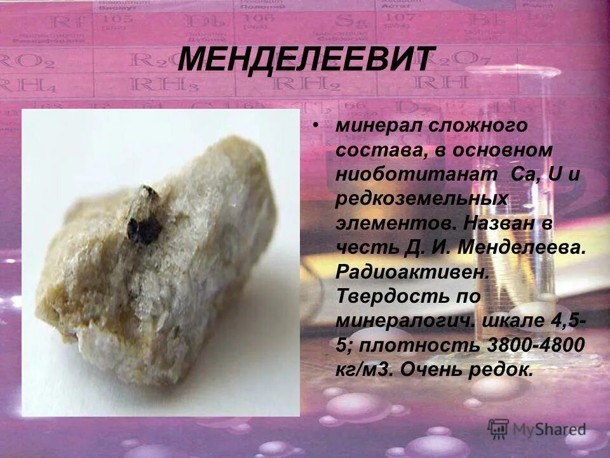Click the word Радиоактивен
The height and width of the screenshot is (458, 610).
pos(413,272)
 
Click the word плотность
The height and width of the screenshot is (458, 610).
pos(420,345)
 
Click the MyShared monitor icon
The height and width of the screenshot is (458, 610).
pos(498,427)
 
